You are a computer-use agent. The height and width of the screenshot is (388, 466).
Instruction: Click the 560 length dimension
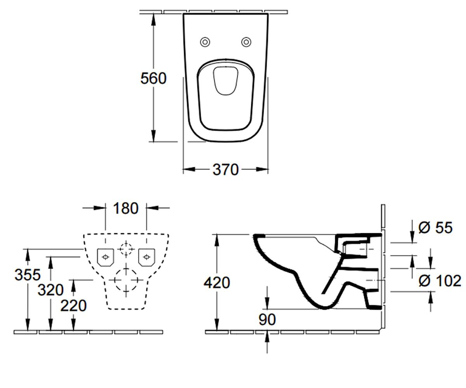click(x=153, y=78)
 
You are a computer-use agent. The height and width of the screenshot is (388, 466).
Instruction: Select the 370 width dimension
click(x=226, y=170)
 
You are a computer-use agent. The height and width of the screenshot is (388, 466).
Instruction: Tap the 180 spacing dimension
click(x=126, y=208)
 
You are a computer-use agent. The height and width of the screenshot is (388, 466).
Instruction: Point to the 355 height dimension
click(x=28, y=274)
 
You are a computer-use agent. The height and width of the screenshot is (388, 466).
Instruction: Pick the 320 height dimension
click(x=50, y=290)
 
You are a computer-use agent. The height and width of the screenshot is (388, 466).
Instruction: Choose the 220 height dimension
click(x=73, y=306)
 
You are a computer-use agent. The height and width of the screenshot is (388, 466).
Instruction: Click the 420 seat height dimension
click(x=217, y=282)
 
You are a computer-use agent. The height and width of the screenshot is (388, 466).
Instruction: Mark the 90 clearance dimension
click(x=267, y=319)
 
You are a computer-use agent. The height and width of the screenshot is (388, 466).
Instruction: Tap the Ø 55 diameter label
click(x=435, y=228)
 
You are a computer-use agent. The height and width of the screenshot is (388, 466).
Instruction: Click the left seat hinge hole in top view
click(x=205, y=42)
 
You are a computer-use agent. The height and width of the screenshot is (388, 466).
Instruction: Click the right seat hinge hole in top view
click(x=246, y=42)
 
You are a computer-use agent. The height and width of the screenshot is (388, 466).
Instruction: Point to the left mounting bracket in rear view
click(x=105, y=257)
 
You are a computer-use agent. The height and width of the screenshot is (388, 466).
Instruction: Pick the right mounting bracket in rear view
click(x=147, y=257)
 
